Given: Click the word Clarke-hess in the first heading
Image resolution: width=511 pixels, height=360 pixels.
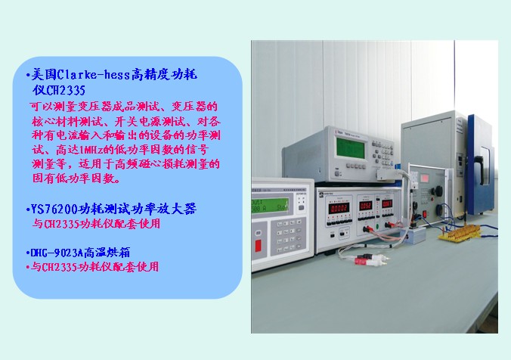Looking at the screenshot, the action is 94,75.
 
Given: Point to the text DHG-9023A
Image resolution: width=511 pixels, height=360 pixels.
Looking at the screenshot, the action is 57,253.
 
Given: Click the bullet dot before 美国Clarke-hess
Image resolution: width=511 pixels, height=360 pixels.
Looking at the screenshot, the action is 28,76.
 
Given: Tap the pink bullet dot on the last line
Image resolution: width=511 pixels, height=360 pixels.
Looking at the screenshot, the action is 28,268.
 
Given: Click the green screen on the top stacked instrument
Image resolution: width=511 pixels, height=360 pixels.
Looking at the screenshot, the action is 350,148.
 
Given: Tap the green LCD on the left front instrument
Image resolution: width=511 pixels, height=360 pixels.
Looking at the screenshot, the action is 270,206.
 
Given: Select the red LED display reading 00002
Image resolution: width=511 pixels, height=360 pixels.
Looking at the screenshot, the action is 339,208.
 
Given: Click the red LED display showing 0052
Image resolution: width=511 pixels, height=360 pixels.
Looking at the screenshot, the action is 366,206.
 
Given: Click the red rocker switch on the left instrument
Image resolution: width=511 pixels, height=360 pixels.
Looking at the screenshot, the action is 258,246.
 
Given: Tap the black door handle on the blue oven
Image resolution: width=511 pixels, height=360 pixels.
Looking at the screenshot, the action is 479,169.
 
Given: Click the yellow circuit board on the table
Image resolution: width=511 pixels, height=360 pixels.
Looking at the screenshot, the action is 460,234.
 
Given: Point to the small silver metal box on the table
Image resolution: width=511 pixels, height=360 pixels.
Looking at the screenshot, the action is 414,234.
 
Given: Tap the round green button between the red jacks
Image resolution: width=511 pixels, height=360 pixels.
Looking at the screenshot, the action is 377,226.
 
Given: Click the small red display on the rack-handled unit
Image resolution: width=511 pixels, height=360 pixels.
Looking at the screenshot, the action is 425,178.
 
